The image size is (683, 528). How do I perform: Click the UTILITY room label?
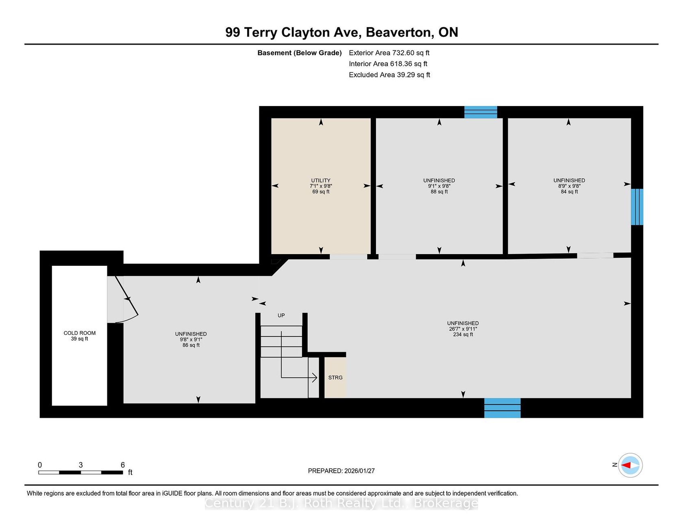(x=321, y=180)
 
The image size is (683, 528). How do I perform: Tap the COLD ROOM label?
(x=80, y=333)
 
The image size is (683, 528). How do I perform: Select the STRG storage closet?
(x=335, y=378)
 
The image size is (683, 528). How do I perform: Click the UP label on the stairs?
(x=281, y=315)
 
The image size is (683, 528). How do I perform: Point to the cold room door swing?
(x=127, y=299)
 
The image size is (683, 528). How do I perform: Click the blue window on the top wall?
(x=481, y=112)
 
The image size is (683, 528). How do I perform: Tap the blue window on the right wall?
(x=637, y=206)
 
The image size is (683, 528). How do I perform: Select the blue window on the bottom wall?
(x=502, y=408)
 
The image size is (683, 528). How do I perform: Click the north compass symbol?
(x=630, y=465)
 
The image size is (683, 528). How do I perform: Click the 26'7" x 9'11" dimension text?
(x=463, y=329)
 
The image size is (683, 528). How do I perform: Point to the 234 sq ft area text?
(x=463, y=335)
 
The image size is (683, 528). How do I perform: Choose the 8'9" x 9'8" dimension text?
(x=569, y=186)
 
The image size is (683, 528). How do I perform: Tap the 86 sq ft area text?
(x=191, y=345)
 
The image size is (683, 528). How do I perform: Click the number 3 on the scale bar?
(x=81, y=465)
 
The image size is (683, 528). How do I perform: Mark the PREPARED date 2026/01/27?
(x=359, y=471)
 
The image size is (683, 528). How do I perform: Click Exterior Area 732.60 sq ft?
(x=389, y=53)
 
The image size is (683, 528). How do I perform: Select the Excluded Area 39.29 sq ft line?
(x=389, y=75)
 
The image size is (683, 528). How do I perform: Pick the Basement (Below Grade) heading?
(x=300, y=53)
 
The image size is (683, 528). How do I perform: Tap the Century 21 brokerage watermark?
(x=341, y=503)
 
